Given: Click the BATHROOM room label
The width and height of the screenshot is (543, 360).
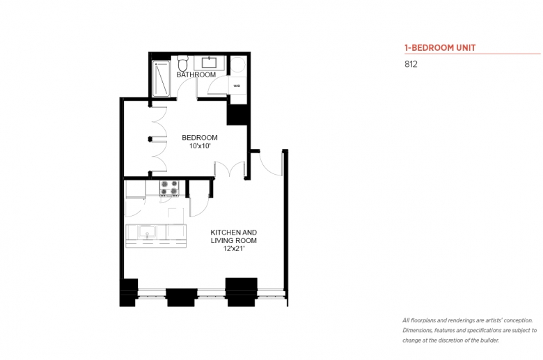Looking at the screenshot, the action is [x=196, y=75].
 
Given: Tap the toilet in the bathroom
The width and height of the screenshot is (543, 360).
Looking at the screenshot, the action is [x=182, y=63].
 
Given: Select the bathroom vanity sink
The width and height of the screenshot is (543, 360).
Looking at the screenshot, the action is [x=209, y=63].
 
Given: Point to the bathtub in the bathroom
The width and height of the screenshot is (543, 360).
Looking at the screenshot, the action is [x=161, y=79].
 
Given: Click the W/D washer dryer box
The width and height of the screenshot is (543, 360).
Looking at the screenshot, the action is [x=237, y=85].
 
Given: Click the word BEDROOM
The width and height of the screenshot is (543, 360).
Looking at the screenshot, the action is [x=200, y=138].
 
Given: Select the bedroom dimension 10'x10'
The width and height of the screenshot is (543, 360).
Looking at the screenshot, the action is [x=200, y=146].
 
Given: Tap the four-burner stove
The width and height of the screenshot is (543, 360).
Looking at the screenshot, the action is [x=169, y=188].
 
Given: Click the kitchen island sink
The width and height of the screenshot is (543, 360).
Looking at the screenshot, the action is [x=147, y=231].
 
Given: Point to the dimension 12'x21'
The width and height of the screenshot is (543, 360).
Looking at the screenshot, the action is [x=234, y=249].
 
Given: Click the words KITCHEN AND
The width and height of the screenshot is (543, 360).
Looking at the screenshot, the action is [x=234, y=233].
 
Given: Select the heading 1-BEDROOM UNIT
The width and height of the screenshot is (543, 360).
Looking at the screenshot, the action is [x=440, y=48].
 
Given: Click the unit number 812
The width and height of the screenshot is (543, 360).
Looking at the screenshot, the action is [x=411, y=64].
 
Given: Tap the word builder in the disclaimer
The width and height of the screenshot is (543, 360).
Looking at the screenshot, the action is [x=489, y=341].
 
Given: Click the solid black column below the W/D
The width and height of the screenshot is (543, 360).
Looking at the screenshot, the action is [x=237, y=114].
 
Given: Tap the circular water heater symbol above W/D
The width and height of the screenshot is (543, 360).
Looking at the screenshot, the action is [x=238, y=65].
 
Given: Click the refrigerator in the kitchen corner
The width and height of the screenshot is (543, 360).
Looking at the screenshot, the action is [x=135, y=189].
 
